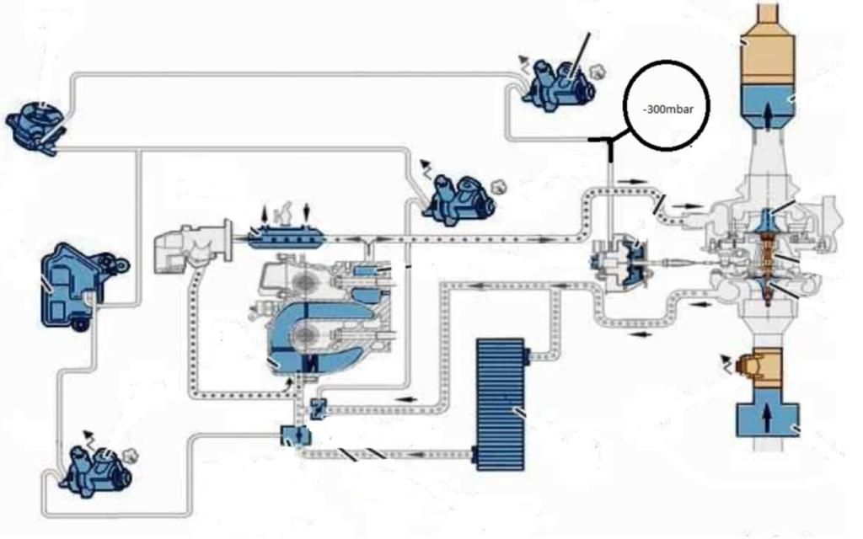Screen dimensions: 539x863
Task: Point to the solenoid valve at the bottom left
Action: pyautogui.click(x=94, y=469)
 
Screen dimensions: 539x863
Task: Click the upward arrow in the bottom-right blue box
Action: pyautogui.click(x=767, y=417)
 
